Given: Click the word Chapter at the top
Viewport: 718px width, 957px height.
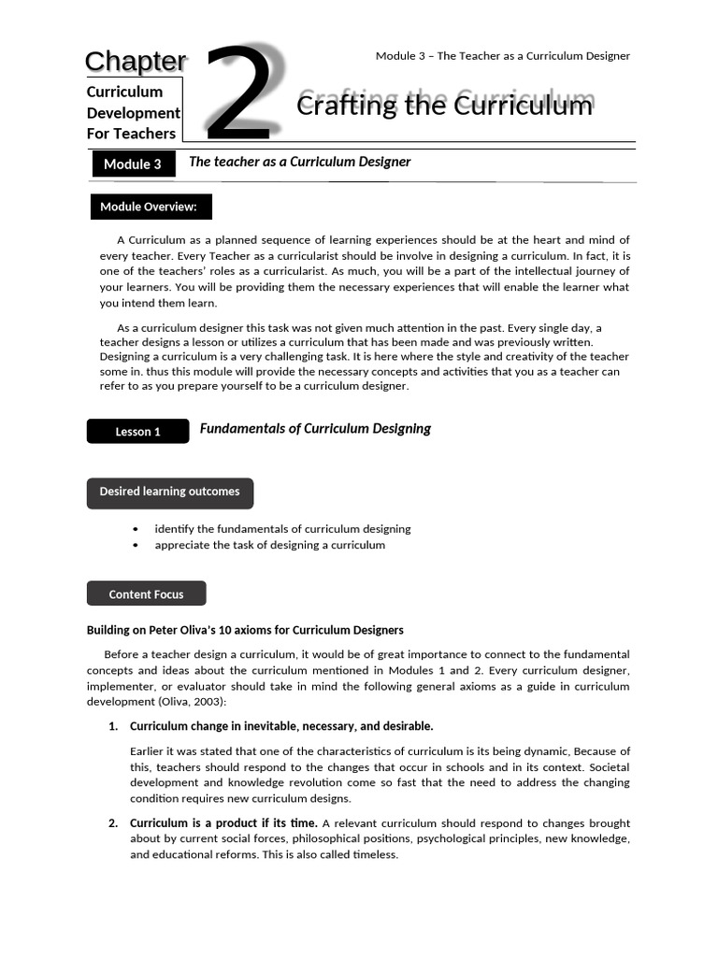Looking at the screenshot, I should point(136,62).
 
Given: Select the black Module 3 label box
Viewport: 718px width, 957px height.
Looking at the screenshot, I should point(133,164).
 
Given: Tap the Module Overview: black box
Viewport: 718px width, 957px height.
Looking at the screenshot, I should point(150,207).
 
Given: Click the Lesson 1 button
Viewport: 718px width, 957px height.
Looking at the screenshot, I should point(137,432).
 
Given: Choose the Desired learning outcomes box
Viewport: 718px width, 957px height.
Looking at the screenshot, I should point(169,493).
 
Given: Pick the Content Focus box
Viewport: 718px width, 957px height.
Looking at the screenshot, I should point(146,594).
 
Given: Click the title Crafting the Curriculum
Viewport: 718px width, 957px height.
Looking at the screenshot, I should point(444,106).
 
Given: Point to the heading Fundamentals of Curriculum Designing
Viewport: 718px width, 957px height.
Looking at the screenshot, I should point(315,429).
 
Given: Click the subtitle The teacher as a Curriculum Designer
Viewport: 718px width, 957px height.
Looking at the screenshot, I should point(299,162).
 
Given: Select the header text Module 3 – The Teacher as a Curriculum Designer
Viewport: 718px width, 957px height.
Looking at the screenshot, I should point(502,56).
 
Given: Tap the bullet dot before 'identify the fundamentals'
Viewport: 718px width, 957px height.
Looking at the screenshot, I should point(136,529).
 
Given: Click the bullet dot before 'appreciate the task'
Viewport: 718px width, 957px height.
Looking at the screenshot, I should point(136,545).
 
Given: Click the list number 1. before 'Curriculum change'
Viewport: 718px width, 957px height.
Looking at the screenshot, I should point(113,726).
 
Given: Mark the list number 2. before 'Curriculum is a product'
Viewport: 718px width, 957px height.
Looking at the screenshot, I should point(113,823).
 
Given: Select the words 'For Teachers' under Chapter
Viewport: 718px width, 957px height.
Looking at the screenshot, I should point(131,134).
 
